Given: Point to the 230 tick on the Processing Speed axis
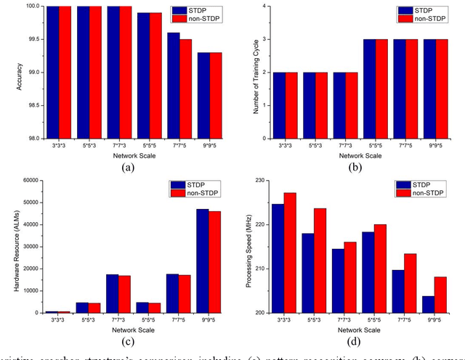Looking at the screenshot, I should pyautogui.click(x=261, y=179).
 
